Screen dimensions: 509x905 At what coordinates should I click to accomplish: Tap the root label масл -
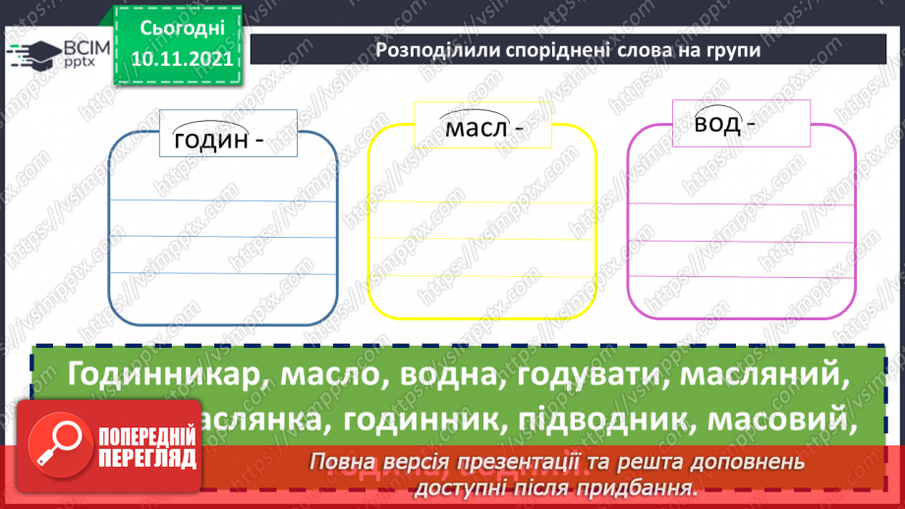pos(481,129)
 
